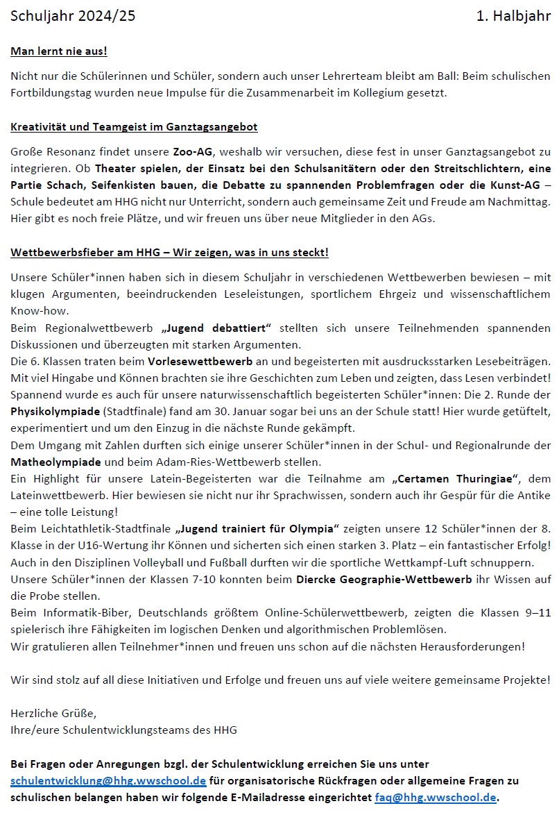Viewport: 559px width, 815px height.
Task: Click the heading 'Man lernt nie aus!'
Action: click(x=59, y=51)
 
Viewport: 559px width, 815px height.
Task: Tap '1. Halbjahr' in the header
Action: click(x=513, y=17)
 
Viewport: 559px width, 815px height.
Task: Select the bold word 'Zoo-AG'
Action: click(x=193, y=151)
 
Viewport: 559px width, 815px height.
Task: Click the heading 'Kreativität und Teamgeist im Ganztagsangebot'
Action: click(x=135, y=127)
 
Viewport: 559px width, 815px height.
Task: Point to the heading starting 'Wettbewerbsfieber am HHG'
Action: click(x=169, y=252)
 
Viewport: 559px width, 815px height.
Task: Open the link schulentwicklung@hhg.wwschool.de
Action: click(x=108, y=780)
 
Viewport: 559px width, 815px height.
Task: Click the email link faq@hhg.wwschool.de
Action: click(x=436, y=797)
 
